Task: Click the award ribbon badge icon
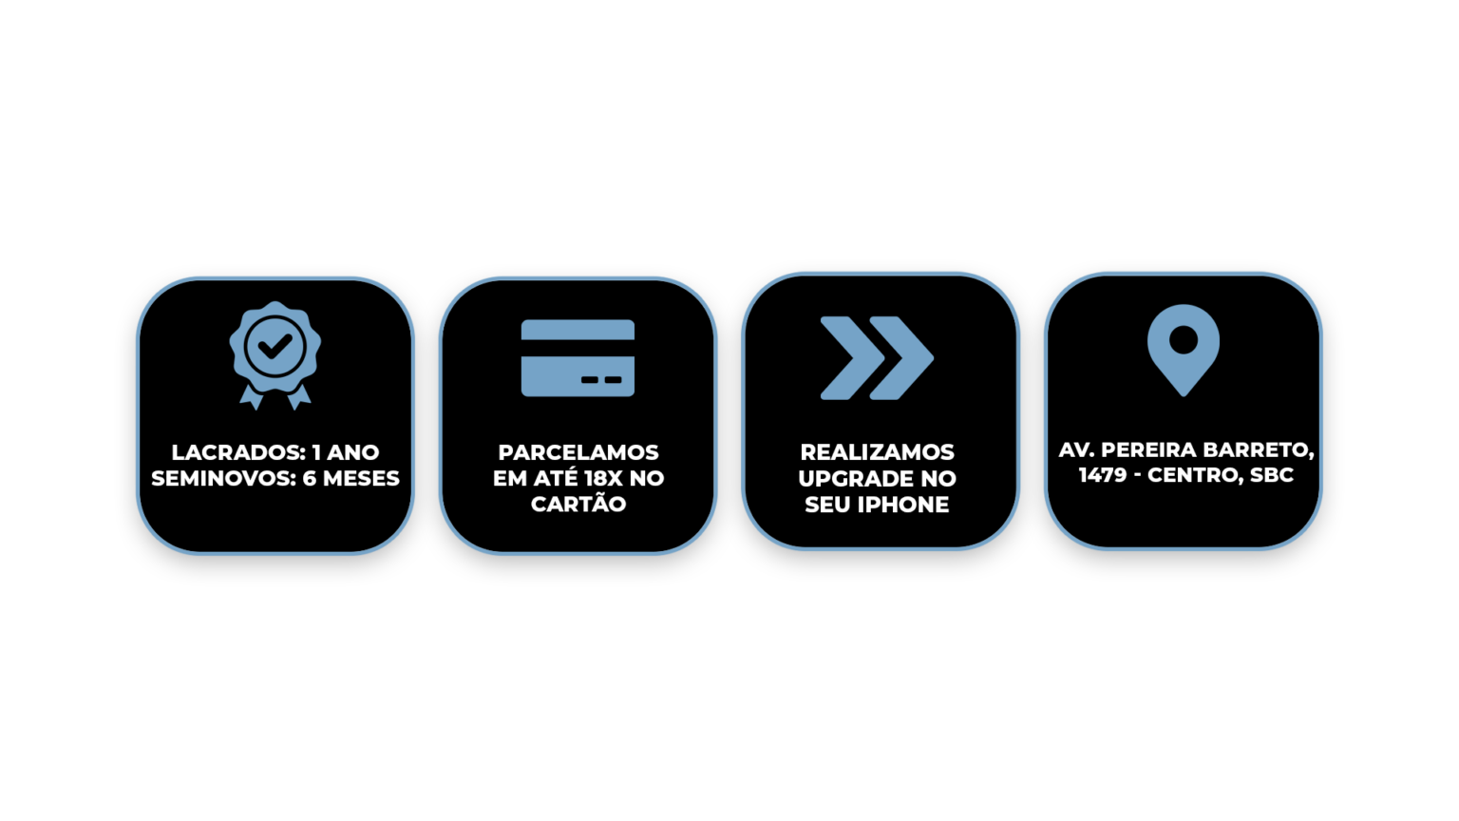[275, 355]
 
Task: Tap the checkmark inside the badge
[275, 345]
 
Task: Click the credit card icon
[578, 357]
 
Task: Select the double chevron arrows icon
[877, 357]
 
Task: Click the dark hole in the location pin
[1184, 339]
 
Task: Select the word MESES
[361, 478]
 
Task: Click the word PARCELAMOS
[578, 452]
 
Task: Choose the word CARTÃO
[578, 503]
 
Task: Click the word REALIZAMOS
[878, 452]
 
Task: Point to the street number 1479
[1103, 475]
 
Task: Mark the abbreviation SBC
[1272, 475]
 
